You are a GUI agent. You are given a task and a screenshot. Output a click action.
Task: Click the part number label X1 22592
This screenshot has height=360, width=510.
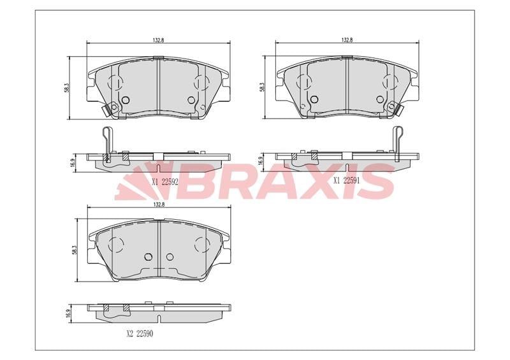point(164,182)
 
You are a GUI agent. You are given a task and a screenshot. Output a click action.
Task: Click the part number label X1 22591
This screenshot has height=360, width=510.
point(347,180)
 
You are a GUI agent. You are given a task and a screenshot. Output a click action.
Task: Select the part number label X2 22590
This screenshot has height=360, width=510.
point(140,334)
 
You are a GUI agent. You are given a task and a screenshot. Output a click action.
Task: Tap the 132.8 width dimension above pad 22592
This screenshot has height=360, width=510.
point(158,40)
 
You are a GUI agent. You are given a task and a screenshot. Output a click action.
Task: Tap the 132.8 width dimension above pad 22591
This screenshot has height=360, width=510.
point(347,40)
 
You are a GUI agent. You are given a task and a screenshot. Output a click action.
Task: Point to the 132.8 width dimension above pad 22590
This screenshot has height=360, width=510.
point(158,205)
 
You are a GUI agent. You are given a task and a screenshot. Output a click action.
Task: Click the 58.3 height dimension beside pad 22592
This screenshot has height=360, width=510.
point(67,88)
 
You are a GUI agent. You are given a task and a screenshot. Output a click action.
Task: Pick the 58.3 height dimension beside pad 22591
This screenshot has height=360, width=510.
point(263,87)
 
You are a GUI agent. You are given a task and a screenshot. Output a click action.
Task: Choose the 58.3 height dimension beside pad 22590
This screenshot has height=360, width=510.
point(74,250)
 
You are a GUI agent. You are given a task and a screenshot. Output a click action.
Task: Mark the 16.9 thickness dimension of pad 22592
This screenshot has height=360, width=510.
point(73,162)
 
